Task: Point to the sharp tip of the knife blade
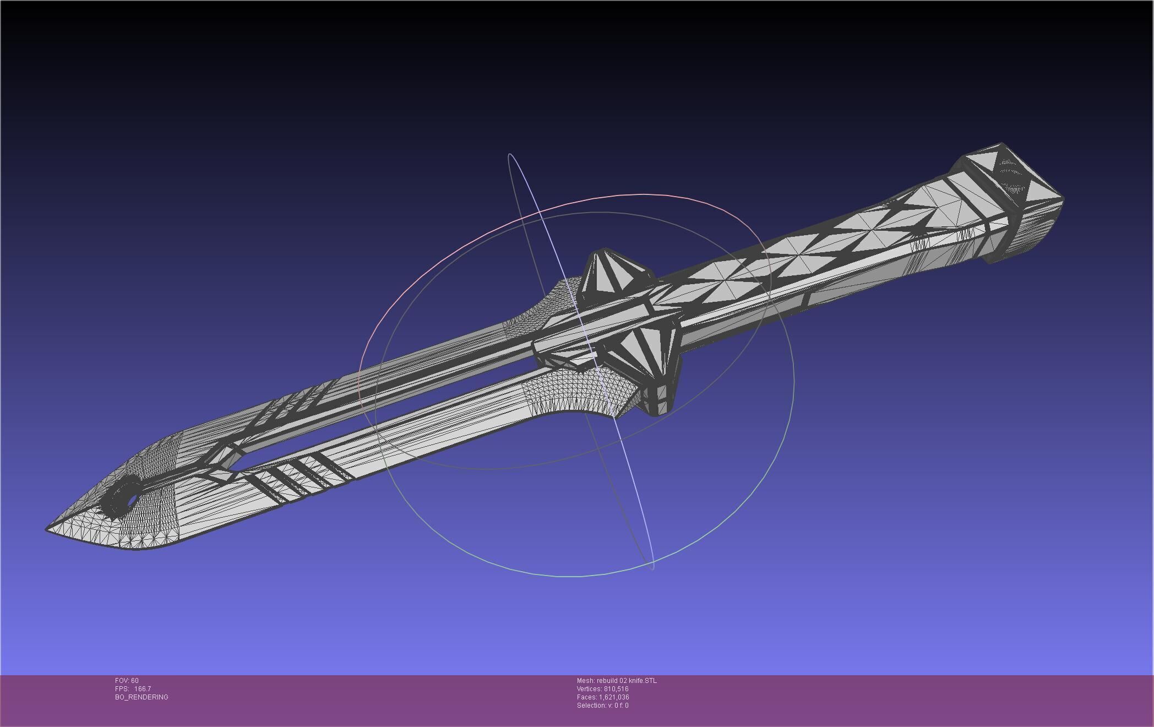[x=47, y=529]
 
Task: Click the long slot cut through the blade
[x=385, y=410]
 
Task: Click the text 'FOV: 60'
[x=127, y=681]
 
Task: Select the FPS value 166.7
[x=142, y=689]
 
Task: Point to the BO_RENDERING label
[x=141, y=697]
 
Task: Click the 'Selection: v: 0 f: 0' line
[x=602, y=706]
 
